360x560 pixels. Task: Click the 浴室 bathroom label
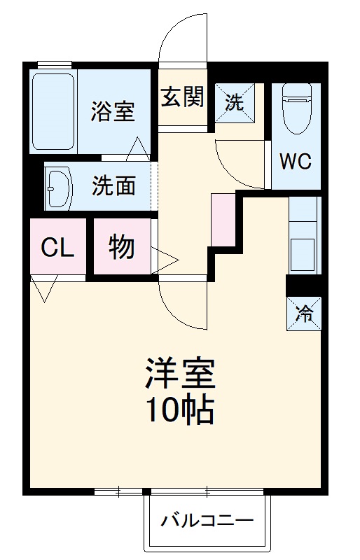coord(113,111)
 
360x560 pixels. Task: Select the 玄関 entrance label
coord(184,98)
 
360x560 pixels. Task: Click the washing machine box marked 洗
coord(235,102)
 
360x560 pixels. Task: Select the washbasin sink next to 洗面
coord(59,187)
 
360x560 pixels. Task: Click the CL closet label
coord(57,248)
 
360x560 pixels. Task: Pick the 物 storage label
coord(122,248)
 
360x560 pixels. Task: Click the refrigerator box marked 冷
coord(305,313)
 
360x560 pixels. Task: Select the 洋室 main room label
coord(179,375)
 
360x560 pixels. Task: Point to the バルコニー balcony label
coord(207,521)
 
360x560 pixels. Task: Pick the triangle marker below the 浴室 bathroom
coord(137,148)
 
